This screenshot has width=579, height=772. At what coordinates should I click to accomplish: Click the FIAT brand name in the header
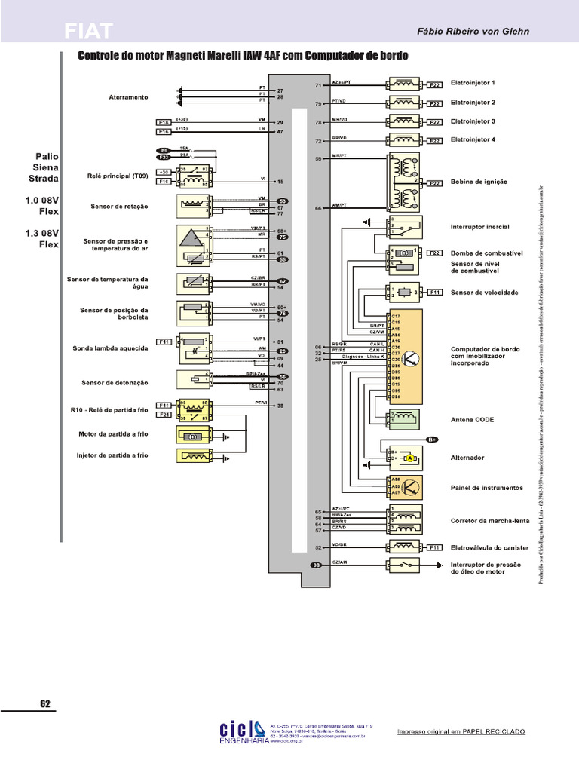(x=88, y=31)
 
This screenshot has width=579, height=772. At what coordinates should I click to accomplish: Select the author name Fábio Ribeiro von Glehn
(x=473, y=32)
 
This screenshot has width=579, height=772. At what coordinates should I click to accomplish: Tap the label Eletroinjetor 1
(x=473, y=83)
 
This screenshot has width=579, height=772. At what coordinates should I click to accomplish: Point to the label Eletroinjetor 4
(x=473, y=139)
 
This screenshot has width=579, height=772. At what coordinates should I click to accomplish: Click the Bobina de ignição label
(x=479, y=182)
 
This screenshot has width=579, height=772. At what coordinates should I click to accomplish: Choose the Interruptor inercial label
(x=479, y=227)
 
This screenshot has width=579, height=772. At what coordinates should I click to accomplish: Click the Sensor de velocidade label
(x=482, y=292)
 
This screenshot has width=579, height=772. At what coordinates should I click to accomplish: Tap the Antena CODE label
(x=472, y=419)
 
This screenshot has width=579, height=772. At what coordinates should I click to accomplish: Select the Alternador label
(x=467, y=458)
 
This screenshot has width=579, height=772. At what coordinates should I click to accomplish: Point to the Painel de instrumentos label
(x=486, y=488)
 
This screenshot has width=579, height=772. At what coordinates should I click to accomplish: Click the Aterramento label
(x=129, y=97)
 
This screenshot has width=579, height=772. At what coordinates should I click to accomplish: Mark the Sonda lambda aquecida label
(x=111, y=348)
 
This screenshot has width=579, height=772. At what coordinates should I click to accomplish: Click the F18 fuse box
(x=164, y=121)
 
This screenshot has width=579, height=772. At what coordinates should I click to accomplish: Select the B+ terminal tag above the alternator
(x=432, y=439)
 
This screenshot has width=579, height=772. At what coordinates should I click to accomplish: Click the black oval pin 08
(x=317, y=564)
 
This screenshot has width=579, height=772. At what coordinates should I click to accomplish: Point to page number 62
(x=44, y=704)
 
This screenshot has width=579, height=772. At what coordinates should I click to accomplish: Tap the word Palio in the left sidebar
(x=46, y=157)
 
